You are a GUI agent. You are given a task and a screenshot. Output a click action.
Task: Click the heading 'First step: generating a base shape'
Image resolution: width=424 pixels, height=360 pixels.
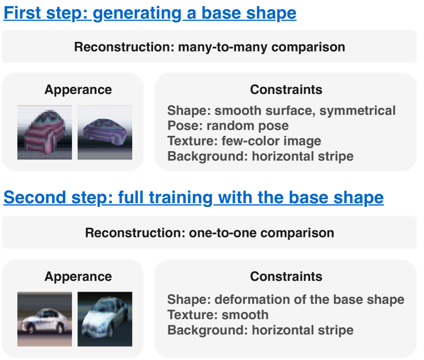point(150,13)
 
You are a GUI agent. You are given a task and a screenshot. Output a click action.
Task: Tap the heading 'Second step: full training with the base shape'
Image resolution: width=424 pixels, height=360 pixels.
point(193,198)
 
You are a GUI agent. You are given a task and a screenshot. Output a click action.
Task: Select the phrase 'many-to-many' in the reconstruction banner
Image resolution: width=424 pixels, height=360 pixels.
point(222,47)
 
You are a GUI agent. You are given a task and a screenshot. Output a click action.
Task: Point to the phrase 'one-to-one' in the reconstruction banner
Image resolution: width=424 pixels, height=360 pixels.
point(222,233)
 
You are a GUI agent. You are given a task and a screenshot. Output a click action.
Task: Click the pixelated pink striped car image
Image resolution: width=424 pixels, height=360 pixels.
point(44,132)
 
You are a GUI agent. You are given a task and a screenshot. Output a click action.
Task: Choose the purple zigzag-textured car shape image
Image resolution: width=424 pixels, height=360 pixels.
point(105,132)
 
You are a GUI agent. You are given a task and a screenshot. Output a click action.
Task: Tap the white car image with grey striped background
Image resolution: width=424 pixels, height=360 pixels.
point(44,319)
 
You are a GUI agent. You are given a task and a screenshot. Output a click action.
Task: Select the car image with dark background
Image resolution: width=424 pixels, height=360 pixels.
point(105,319)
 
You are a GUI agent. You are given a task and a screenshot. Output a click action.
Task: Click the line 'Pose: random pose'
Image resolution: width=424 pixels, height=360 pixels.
point(228,126)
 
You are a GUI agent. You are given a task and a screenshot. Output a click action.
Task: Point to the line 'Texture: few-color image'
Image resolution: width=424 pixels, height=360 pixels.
point(244,141)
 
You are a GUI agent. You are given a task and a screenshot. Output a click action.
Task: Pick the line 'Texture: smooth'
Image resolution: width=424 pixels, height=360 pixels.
point(218,315)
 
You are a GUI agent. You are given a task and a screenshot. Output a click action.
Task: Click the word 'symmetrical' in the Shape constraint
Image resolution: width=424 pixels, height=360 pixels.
point(358,111)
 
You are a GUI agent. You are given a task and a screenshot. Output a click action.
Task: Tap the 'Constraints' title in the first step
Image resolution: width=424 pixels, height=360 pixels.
point(286,89)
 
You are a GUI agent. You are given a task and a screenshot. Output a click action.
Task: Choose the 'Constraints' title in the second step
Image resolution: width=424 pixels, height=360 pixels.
point(286,276)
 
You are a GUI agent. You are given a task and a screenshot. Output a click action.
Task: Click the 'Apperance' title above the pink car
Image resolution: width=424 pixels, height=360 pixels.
point(78,90)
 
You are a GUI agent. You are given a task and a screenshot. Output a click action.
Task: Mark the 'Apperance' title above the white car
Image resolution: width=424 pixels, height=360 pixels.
point(78,277)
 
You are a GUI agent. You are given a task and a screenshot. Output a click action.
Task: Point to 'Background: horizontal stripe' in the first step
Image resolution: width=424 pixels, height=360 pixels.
point(260,156)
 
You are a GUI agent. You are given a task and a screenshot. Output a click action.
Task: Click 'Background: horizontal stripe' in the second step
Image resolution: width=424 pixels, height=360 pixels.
point(260,330)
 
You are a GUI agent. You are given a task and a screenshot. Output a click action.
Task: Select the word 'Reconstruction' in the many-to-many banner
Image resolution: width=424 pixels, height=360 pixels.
point(124,47)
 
